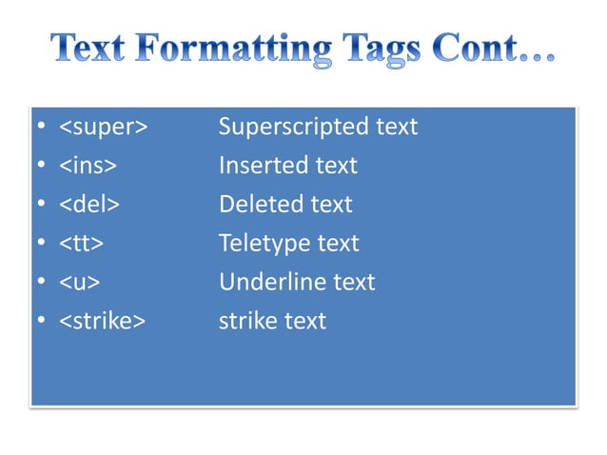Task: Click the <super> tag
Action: pyautogui.click(x=104, y=127)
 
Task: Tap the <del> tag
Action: pyautogui.click(x=90, y=205)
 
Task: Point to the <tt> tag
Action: pyautogui.click(x=82, y=244)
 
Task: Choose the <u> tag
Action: pyautogui.click(x=82, y=283)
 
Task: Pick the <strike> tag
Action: pyautogui.click(x=103, y=322)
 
